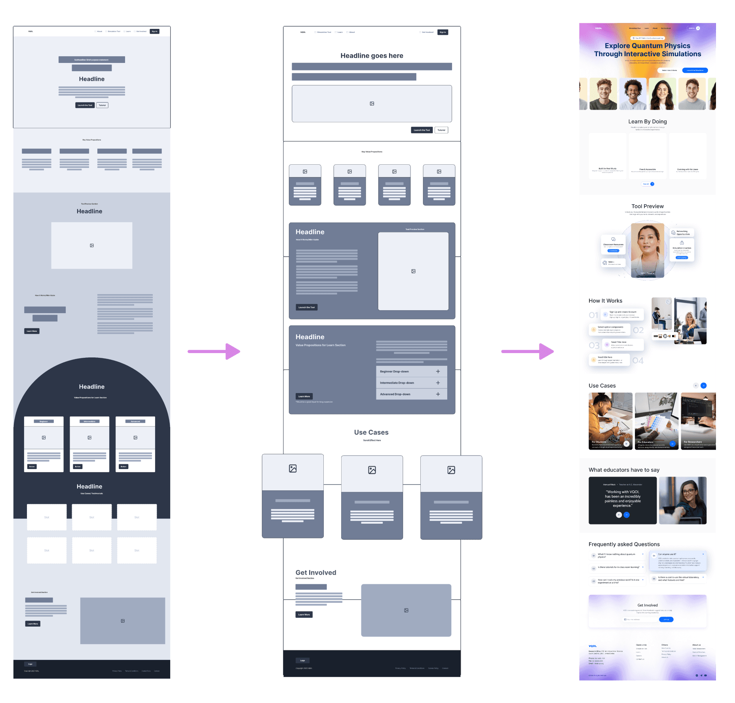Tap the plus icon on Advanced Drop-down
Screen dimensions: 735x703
438,394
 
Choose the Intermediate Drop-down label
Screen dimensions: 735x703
397,383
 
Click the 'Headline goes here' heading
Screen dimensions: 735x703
372,56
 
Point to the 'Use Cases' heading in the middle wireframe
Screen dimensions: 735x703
371,432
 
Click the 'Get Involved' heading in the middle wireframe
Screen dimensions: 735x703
315,572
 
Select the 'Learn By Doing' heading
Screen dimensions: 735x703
647,122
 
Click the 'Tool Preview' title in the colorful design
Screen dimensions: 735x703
647,206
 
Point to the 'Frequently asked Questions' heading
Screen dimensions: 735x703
624,544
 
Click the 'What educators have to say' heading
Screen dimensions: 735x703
624,470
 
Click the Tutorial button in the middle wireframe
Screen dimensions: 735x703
441,130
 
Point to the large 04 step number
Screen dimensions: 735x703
638,361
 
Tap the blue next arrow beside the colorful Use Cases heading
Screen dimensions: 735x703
703,386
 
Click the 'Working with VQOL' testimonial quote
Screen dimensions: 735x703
622,499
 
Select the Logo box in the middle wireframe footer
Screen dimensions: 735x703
302,660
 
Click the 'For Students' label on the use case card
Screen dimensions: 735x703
599,442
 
